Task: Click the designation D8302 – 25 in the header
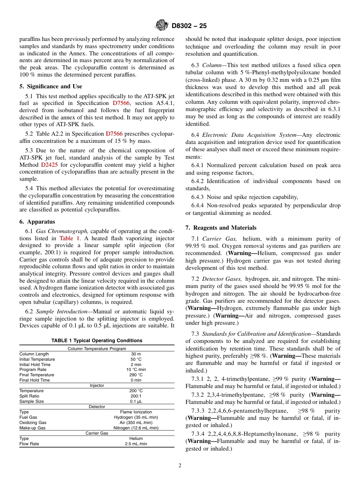[x=189, y=26]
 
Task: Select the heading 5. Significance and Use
[x=50, y=86]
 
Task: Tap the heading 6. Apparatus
[x=37, y=222]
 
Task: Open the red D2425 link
[x=49, y=164]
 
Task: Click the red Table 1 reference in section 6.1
[x=70, y=238]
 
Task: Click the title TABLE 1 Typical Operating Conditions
[x=97, y=341]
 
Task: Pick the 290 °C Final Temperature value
[x=136, y=375]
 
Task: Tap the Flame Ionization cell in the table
[x=136, y=412]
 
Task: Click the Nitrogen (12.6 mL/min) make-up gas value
[x=136, y=428]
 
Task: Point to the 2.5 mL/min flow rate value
[x=136, y=444]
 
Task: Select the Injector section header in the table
[x=97, y=385]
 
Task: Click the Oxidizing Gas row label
[x=33, y=423]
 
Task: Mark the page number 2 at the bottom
[x=180, y=466]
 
